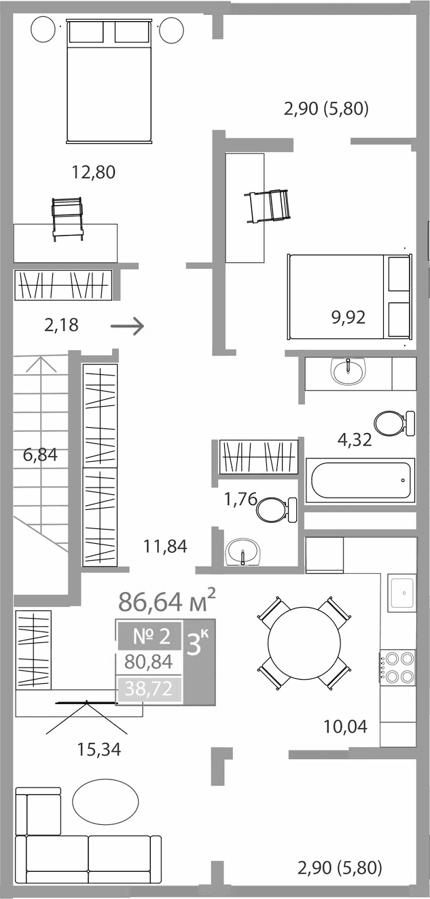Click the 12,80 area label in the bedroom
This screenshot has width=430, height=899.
[x=94, y=172]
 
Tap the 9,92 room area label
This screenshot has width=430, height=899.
[x=348, y=317]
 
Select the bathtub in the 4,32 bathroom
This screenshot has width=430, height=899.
[x=361, y=481]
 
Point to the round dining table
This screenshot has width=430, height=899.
[x=304, y=642]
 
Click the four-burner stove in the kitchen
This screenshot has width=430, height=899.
[x=398, y=667]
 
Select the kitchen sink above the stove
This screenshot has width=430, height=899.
[x=402, y=593]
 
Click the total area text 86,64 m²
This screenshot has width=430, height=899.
[x=167, y=601]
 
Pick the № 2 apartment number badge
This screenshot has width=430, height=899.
[x=150, y=636]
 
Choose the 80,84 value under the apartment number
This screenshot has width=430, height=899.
[x=149, y=661]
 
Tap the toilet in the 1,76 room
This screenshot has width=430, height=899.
[x=275, y=509]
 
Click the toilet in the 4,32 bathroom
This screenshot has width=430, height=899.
[x=393, y=424]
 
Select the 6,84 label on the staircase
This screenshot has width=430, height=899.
[x=40, y=455]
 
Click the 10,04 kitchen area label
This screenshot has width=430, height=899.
[x=345, y=727]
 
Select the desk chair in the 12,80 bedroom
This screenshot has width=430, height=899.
[x=67, y=217]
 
